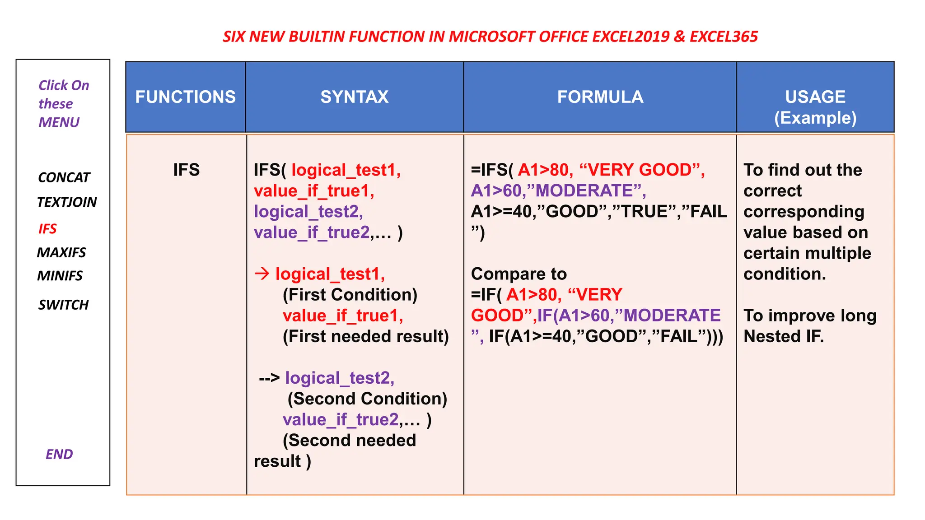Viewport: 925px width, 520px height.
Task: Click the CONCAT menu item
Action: pos(64,177)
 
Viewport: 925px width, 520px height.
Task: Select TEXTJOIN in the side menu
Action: pos(67,202)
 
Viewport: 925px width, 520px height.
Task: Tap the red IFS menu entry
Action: pos(47,229)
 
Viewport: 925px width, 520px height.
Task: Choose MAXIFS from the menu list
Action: pos(61,252)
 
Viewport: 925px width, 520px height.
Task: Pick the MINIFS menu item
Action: pos(60,276)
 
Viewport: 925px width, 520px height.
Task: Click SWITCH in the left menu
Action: pos(63,305)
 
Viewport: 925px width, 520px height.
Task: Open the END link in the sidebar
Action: pos(59,454)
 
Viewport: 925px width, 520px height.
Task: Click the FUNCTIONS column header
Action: pos(185,97)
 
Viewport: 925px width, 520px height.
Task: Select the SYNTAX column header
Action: pos(355,97)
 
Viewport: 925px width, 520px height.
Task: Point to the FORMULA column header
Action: pos(600,97)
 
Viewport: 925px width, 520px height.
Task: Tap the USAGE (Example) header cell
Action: pos(815,107)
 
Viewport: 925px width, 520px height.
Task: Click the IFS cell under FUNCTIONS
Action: pos(186,170)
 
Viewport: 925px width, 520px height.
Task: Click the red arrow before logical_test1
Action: pos(262,274)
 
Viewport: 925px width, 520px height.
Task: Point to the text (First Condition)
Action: pos(350,295)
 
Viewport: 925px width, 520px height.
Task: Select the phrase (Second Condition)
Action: pos(367,399)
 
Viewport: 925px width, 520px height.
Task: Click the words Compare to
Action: pos(519,274)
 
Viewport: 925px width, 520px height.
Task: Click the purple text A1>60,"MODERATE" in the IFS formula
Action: pos(558,191)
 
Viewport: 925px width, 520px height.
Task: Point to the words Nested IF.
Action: pos(784,336)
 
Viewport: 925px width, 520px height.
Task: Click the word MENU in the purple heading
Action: pos(59,122)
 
